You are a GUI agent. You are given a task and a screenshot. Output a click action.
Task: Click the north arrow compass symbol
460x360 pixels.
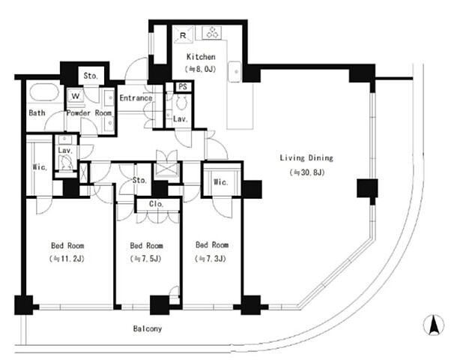(x=433, y=325)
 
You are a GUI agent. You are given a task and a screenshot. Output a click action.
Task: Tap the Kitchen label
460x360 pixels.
(x=201, y=57)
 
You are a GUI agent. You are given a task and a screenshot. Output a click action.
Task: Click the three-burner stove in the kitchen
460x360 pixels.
(x=212, y=32)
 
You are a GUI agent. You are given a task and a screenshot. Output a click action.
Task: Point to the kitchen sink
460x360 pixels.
(x=234, y=71)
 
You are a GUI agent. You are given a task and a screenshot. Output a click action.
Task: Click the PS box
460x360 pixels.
(x=183, y=86)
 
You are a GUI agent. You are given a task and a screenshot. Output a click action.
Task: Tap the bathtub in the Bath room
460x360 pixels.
(x=44, y=92)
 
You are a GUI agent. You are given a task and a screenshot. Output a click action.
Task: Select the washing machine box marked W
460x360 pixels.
(x=76, y=96)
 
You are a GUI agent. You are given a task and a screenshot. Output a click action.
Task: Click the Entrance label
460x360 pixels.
(x=136, y=97)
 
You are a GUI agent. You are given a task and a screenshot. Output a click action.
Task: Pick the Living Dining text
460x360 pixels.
(x=306, y=158)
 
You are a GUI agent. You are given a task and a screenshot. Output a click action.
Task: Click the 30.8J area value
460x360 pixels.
(x=307, y=172)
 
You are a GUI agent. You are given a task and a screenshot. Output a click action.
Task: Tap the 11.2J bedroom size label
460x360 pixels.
(x=67, y=259)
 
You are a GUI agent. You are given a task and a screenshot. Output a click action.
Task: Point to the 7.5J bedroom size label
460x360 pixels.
(x=145, y=259)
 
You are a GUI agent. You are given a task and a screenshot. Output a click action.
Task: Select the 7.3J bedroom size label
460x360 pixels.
(x=211, y=259)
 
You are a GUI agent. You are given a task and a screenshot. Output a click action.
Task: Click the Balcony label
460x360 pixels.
(x=148, y=328)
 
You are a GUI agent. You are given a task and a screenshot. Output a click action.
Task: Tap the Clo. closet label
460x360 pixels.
(x=156, y=204)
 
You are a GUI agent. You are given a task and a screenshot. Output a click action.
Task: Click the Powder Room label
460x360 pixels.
(x=89, y=113)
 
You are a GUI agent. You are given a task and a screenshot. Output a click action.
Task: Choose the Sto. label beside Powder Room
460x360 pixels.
(x=91, y=76)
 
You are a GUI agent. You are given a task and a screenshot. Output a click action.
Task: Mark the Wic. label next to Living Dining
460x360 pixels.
(x=221, y=182)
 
